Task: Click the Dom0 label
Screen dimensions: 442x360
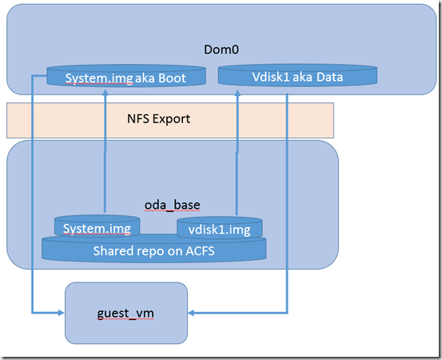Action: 221,50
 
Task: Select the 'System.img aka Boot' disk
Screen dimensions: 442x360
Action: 126,75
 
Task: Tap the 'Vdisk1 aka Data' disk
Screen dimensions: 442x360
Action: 297,74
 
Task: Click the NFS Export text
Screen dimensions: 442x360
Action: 158,118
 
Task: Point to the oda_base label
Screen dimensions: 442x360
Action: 172,205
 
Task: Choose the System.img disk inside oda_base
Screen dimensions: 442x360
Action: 97,226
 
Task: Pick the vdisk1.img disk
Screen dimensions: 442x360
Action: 220,228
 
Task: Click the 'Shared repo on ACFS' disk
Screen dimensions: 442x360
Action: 154,248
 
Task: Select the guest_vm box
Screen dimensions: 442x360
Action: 126,313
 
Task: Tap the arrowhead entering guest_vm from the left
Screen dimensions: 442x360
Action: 62,313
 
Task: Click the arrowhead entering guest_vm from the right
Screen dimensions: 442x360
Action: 191,313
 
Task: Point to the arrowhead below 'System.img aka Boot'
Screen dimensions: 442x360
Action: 106,93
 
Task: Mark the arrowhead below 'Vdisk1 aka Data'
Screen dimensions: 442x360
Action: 237,93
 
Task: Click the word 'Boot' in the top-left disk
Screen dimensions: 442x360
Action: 172,78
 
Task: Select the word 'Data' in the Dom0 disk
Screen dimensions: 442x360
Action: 329,77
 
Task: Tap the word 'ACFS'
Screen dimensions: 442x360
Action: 200,251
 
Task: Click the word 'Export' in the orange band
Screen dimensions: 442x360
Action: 171,119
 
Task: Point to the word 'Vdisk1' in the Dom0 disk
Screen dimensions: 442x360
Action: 271,77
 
